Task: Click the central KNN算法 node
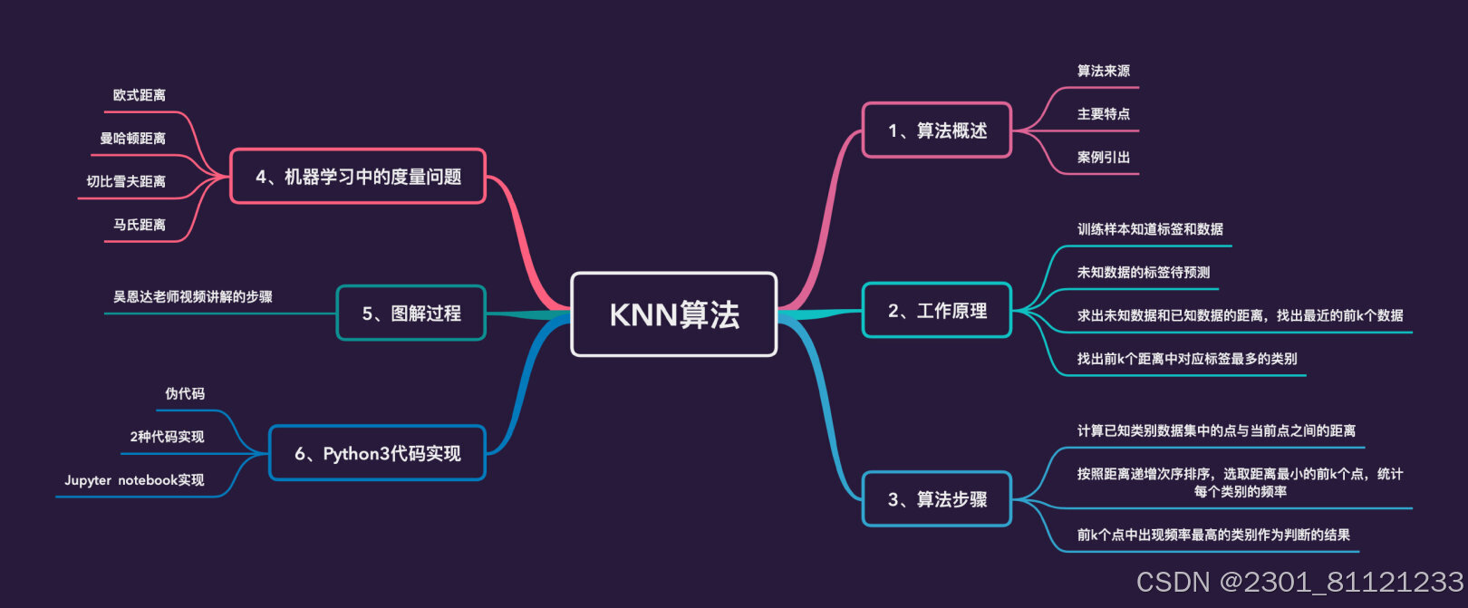click(674, 314)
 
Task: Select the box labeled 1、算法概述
click(936, 130)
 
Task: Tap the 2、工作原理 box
click(936, 311)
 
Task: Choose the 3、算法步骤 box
click(936, 499)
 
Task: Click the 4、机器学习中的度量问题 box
click(358, 177)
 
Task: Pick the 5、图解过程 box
click(410, 314)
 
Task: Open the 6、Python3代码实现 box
click(377, 453)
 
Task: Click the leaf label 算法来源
click(1103, 71)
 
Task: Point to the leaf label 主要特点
click(1103, 114)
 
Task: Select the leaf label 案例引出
click(1103, 158)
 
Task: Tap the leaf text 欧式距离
click(139, 95)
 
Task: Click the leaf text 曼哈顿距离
click(132, 139)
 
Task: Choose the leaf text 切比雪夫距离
click(126, 181)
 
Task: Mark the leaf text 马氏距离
click(139, 225)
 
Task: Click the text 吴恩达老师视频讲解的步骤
click(192, 296)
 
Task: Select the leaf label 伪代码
click(185, 393)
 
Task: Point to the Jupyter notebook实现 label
click(134, 480)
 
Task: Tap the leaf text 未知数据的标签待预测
click(1143, 272)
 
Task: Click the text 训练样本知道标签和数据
click(1150, 229)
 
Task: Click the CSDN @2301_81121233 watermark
click(1299, 582)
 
